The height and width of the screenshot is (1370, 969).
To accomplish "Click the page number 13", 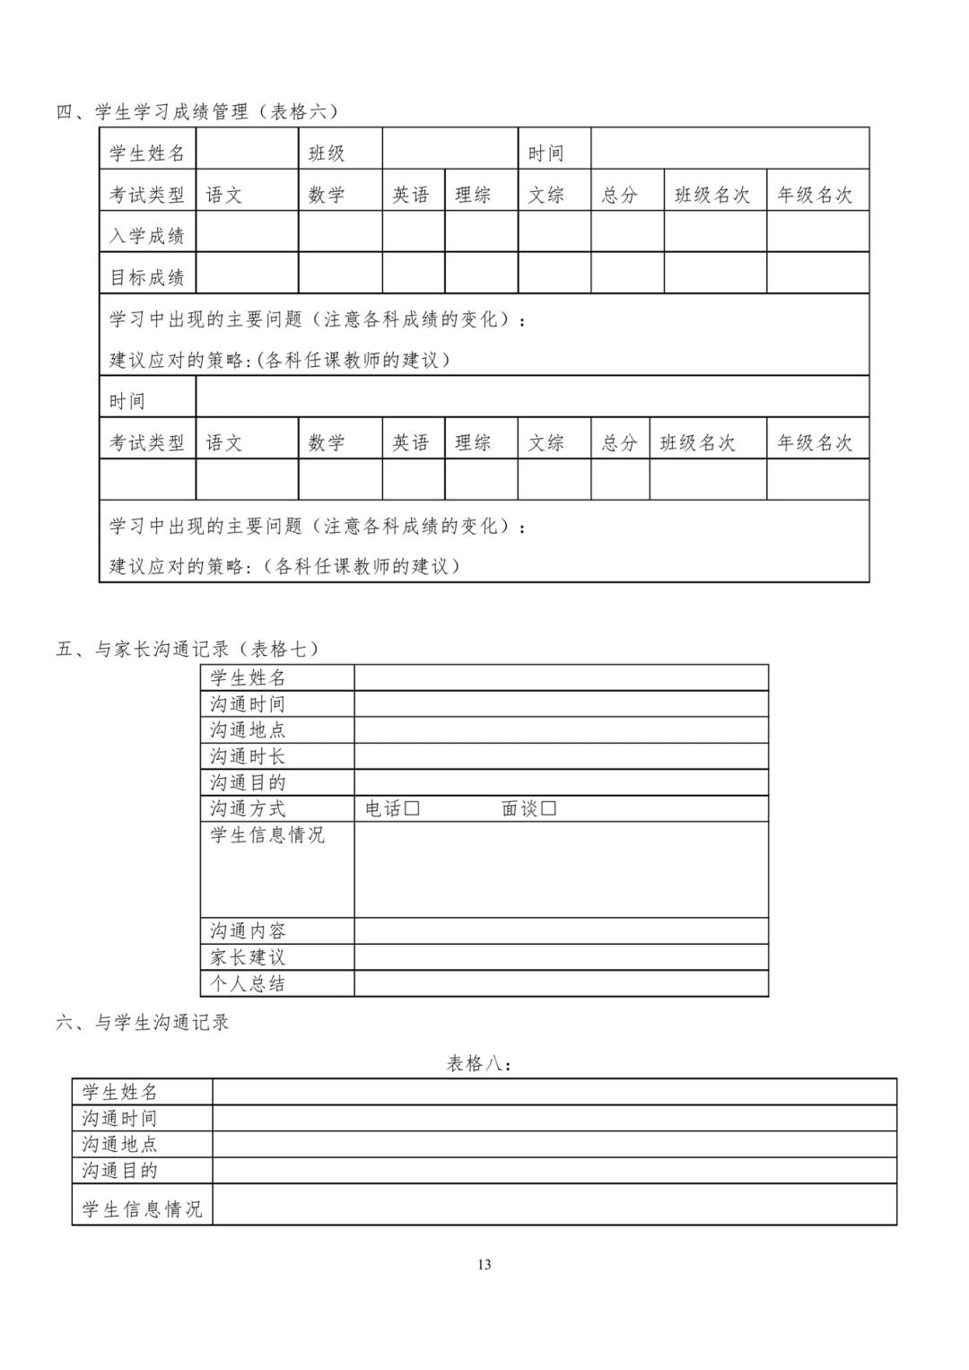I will [484, 1265].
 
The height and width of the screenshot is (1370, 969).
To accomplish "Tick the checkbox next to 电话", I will [412, 808].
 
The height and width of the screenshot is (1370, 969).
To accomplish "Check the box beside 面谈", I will [549, 808].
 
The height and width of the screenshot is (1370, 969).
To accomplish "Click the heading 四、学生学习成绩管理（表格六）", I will [198, 111].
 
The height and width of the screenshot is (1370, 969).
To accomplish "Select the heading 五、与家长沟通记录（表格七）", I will [188, 649].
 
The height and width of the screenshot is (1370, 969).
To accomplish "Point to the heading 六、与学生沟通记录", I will [143, 1022].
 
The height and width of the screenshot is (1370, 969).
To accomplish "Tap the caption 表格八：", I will [480, 1064].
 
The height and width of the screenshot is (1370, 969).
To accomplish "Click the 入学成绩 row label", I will [147, 236].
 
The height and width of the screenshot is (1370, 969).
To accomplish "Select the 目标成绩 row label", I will [147, 277].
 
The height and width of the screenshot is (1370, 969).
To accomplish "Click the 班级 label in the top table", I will [327, 153].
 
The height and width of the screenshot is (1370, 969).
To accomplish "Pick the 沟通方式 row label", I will [249, 808].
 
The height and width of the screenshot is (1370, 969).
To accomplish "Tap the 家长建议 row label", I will [249, 957].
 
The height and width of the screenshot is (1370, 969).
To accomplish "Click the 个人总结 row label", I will [249, 983].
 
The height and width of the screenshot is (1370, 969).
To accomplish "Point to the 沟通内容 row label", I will [249, 931].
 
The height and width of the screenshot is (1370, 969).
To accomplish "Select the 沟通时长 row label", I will [249, 756].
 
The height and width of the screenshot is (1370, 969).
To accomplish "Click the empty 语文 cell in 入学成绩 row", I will [247, 231].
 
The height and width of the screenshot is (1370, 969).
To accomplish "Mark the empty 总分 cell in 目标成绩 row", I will [627, 273].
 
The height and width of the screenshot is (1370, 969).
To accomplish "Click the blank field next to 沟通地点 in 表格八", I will [554, 1144].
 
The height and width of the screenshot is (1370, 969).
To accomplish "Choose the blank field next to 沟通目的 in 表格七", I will [561, 782].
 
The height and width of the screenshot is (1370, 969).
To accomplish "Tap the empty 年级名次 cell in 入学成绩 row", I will [817, 231].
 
